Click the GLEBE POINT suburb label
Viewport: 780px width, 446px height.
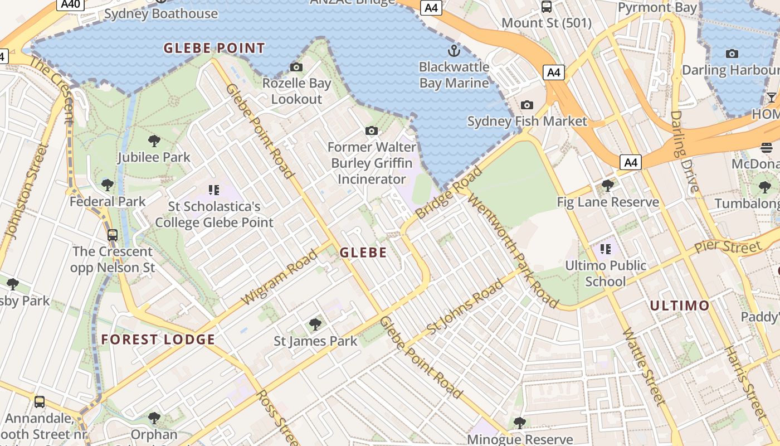[x=214, y=48]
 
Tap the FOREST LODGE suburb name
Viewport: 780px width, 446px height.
[x=158, y=340]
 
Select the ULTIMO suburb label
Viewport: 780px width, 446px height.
[x=680, y=306]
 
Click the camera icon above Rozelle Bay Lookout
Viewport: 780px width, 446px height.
[x=296, y=67]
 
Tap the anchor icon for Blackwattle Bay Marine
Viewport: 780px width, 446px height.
[x=454, y=51]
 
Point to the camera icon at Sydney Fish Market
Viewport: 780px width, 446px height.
[x=526, y=105]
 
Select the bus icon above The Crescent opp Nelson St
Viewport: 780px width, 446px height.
[x=113, y=235]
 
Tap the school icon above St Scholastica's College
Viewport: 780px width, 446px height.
[x=214, y=190]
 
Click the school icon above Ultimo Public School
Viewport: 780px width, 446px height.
[x=606, y=249]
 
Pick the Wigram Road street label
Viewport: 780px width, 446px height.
[x=280, y=278]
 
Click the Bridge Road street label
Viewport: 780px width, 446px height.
[x=448, y=193]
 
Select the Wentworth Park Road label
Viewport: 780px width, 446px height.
[x=513, y=250]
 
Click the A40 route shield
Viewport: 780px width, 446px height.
[x=70, y=4]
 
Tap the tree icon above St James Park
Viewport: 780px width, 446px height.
[x=315, y=324]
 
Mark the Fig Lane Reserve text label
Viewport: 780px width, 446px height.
[x=608, y=202]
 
